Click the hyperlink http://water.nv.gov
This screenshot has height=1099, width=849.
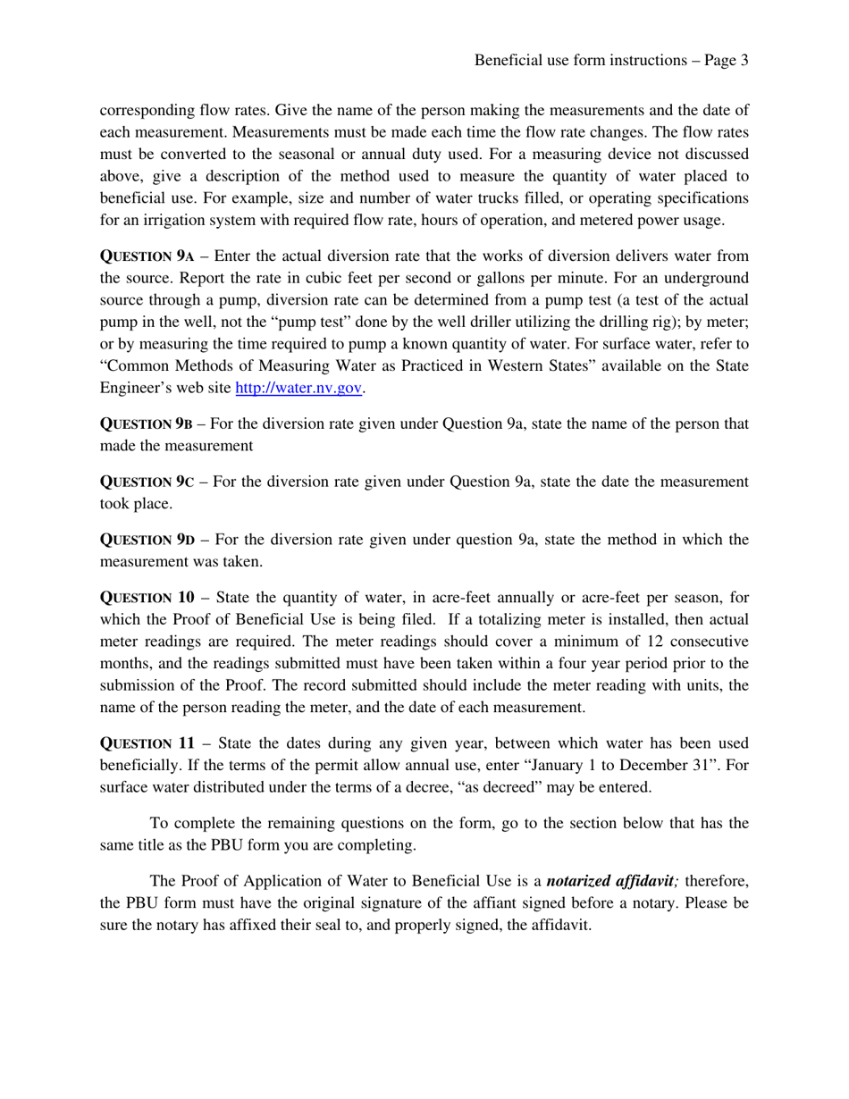pos(299,388)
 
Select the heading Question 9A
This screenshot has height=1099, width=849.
pos(147,256)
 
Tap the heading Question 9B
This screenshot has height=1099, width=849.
pos(146,424)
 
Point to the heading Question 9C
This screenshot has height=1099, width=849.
pos(146,482)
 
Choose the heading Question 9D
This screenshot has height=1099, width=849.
pos(147,540)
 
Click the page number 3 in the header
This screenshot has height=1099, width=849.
pos(743,60)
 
